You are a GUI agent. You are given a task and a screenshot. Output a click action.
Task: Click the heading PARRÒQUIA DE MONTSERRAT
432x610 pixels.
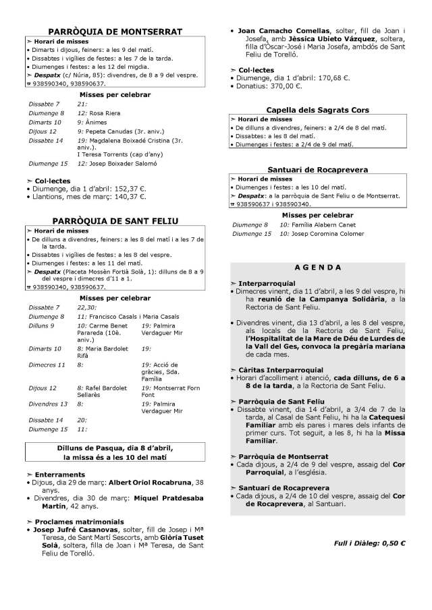point(116,32)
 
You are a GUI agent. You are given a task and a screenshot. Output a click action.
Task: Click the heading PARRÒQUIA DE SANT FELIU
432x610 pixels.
point(116,220)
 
